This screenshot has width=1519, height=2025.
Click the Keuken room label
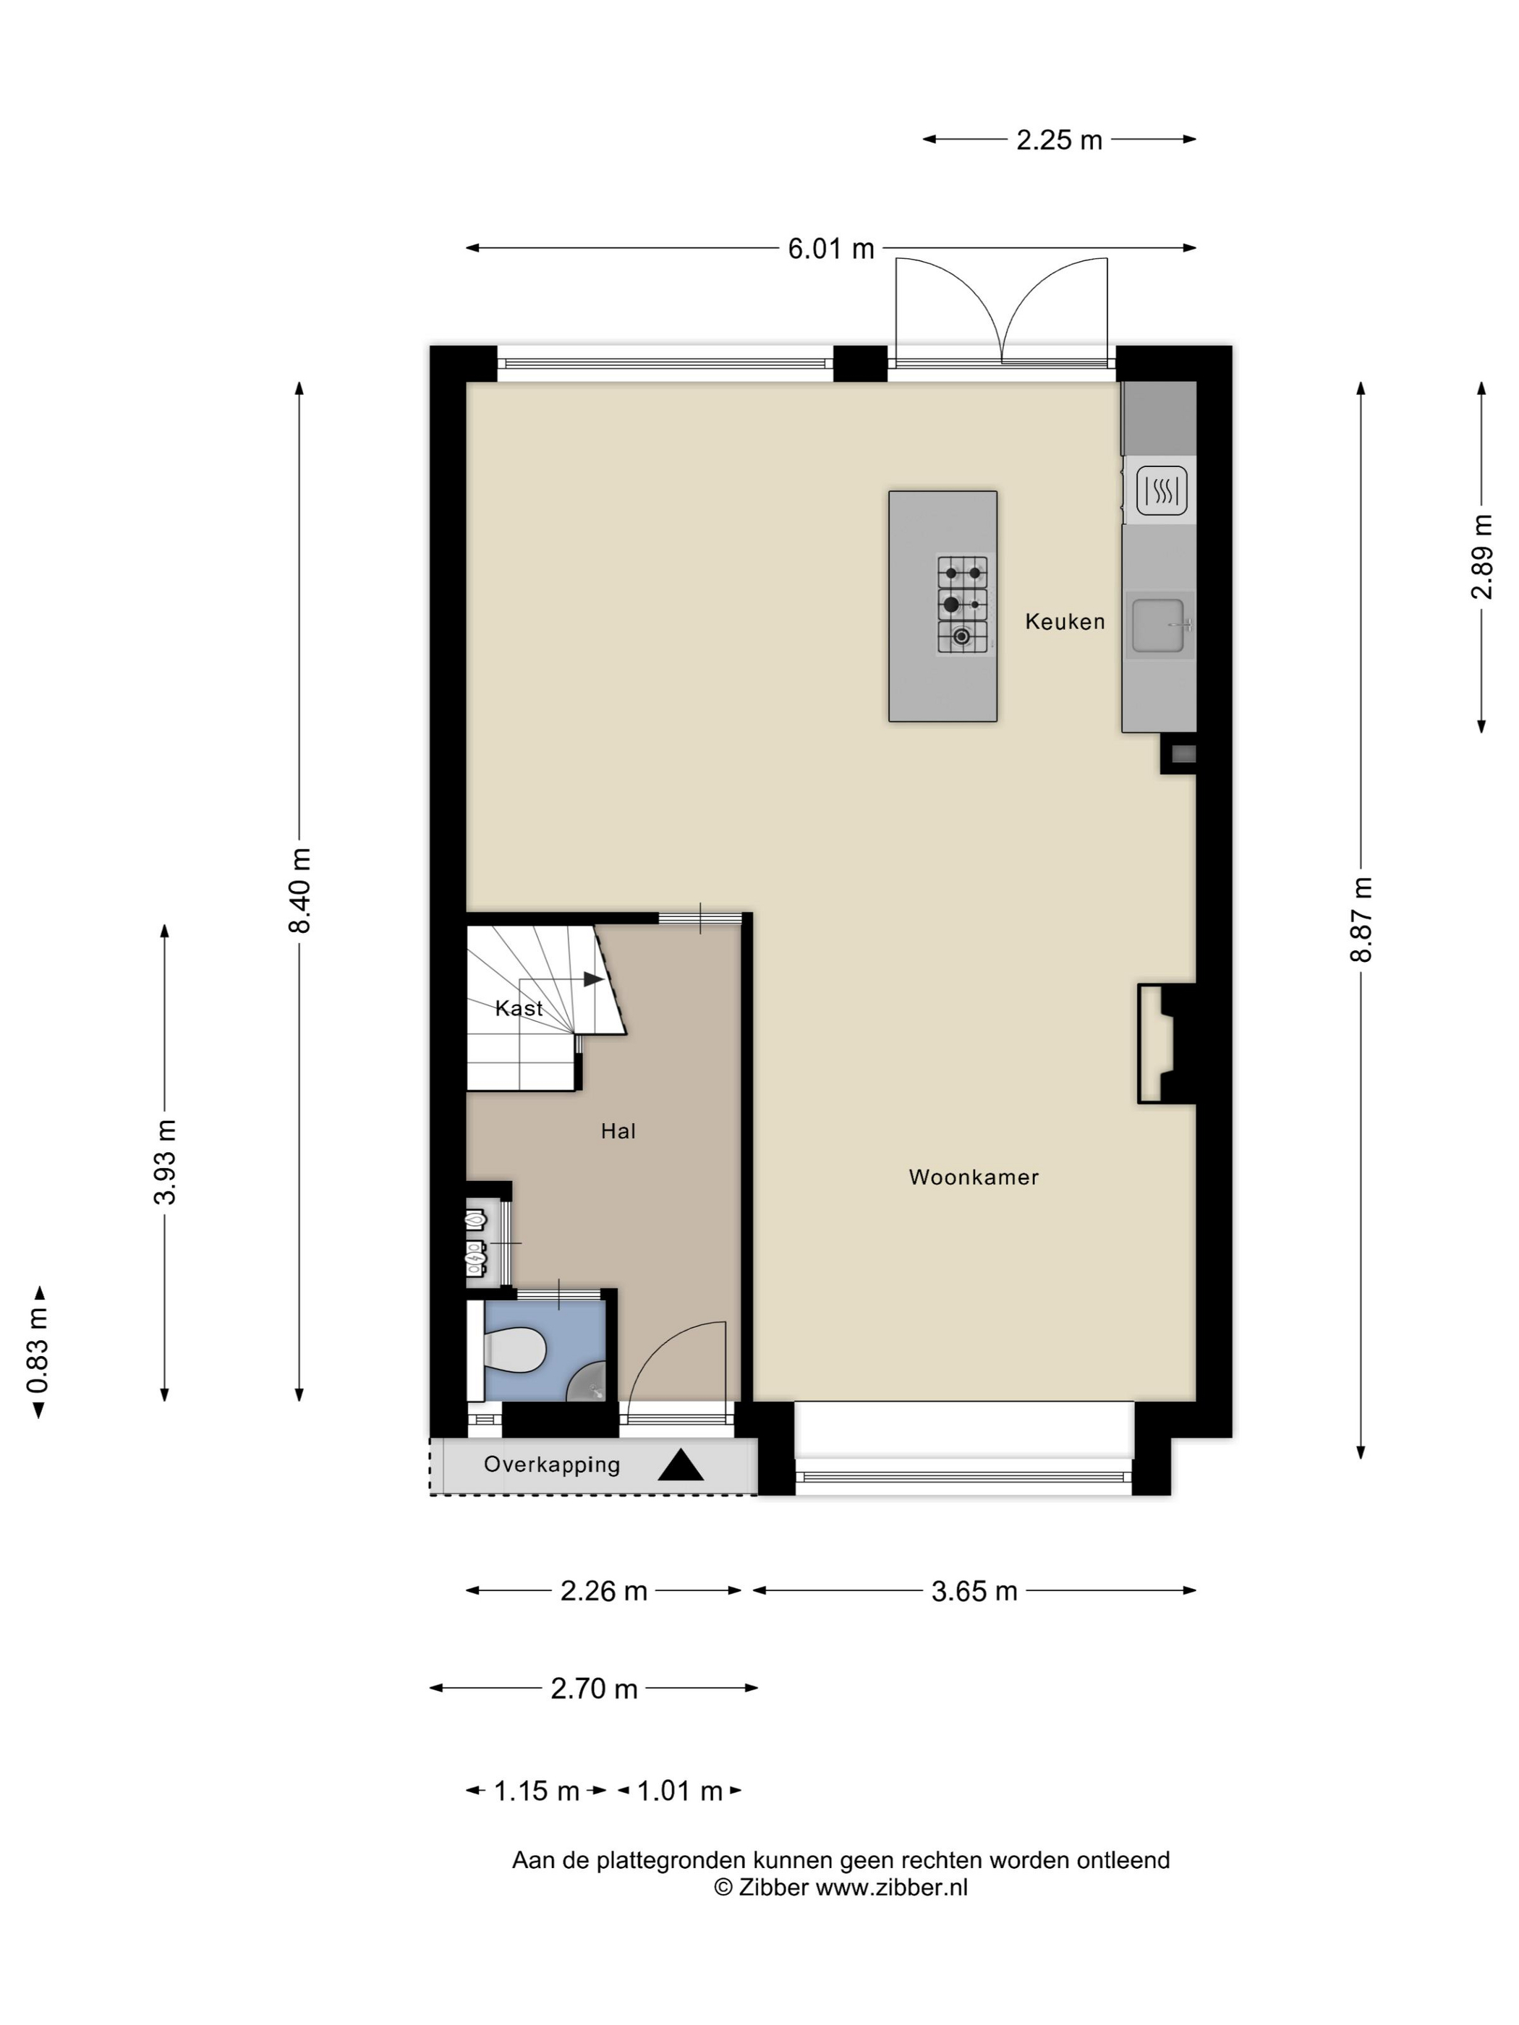pyautogui.click(x=1064, y=621)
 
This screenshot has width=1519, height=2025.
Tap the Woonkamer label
pyautogui.click(x=974, y=1177)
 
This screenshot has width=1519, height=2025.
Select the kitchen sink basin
pyautogui.click(x=1157, y=626)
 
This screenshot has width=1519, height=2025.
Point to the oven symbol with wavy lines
pyautogui.click(x=1161, y=490)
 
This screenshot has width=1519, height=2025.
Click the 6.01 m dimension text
pyautogui.click(x=831, y=249)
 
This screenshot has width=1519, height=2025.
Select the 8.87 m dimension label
pyautogui.click(x=1361, y=919)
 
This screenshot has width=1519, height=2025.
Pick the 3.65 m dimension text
pyautogui.click(x=974, y=1592)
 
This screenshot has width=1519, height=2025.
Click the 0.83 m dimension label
pyautogui.click(x=38, y=1351)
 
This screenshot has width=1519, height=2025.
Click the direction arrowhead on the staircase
pyautogui.click(x=593, y=979)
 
